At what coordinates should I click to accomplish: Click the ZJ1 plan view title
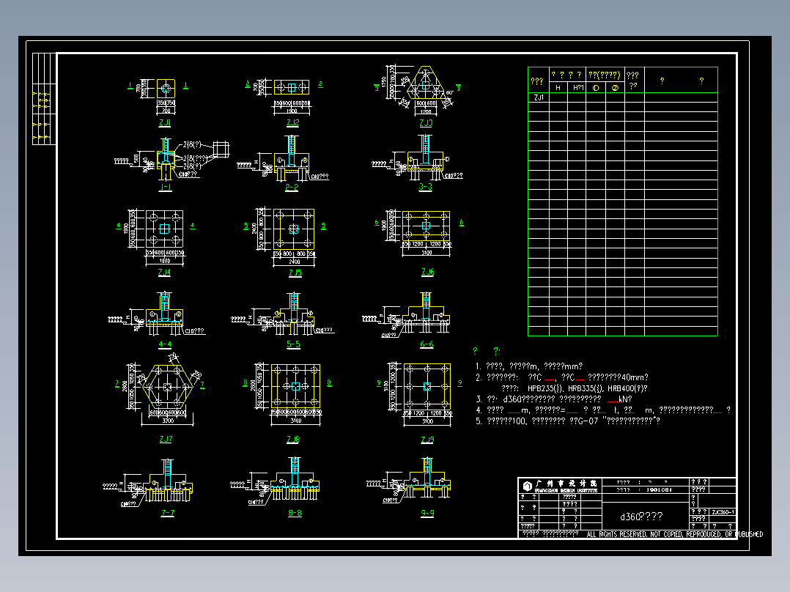point(165,123)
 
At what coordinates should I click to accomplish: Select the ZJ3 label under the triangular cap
point(426,123)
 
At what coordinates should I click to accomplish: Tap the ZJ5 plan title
point(295,273)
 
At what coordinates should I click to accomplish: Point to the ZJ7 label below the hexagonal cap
point(166,439)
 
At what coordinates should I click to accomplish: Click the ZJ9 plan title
point(427,440)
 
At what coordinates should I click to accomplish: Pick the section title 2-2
point(292,188)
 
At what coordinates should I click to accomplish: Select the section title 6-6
point(427,344)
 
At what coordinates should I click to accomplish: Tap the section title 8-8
point(295,513)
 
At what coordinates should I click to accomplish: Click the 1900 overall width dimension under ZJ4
point(164,260)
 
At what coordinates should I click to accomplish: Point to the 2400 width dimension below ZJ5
point(294,261)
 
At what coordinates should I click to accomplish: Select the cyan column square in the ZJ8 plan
point(295,385)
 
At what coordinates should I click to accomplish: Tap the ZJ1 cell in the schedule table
point(539,97)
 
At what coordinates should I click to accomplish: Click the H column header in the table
point(558,88)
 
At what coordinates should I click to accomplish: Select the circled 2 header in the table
point(614,88)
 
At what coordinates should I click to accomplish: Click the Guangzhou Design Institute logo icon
point(527,486)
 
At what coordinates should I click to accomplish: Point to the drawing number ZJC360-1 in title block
point(723,512)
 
